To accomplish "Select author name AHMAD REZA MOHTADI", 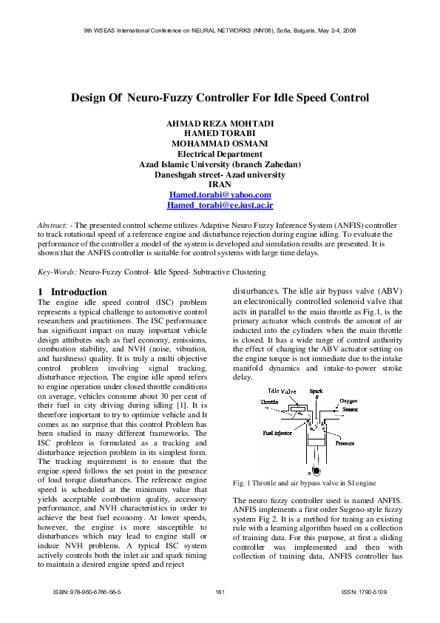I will pos(220,122).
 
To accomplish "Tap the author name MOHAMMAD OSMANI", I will pos(220,143).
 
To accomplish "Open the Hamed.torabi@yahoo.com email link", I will pos(220,195).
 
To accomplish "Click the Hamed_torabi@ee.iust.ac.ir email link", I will pos(220,205).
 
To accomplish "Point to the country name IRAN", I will pos(220,184).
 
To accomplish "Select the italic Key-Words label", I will pos(56,273).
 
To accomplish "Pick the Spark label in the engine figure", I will pos(316,390).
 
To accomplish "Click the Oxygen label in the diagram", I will pos(348,400).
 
